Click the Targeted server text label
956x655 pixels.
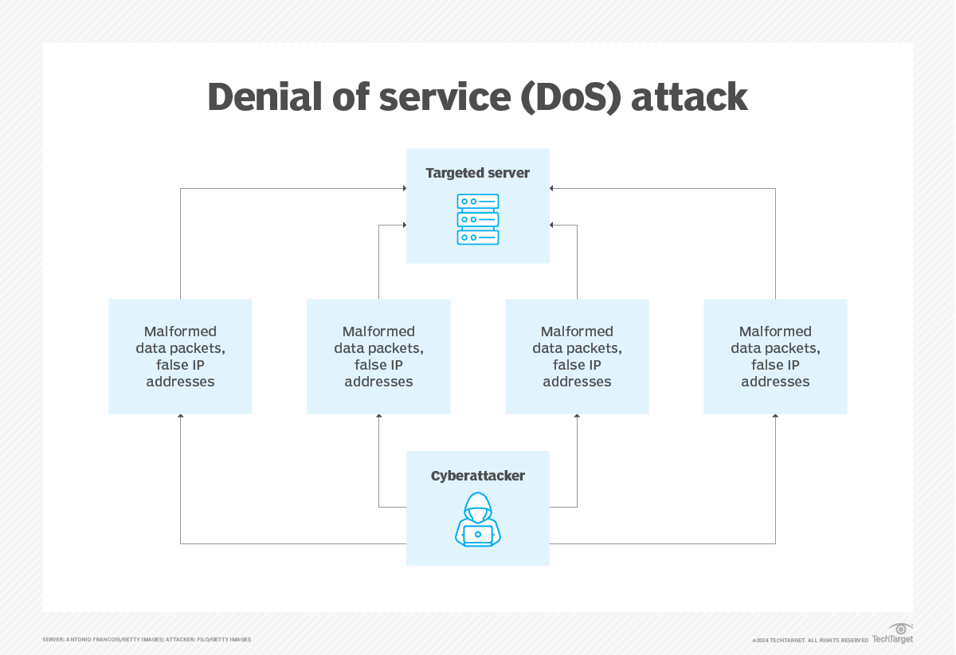pyautogui.click(x=477, y=173)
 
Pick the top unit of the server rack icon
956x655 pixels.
pyautogui.click(x=478, y=202)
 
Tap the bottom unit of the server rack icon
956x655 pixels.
pyautogui.click(x=478, y=237)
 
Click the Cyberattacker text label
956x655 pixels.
pyautogui.click(x=478, y=476)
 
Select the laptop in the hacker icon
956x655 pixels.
pyautogui.click(x=478, y=535)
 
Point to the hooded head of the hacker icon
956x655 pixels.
pyautogui.click(x=478, y=504)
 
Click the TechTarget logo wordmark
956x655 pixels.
pyautogui.click(x=892, y=639)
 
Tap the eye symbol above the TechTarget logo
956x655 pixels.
pyautogui.click(x=900, y=628)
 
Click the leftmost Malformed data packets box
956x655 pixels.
pyautogui.click(x=180, y=356)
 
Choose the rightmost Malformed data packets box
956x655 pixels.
pyautogui.click(x=775, y=356)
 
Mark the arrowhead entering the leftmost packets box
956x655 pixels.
pyautogui.click(x=180, y=416)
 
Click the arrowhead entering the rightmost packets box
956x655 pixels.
pyautogui.click(x=775, y=416)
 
